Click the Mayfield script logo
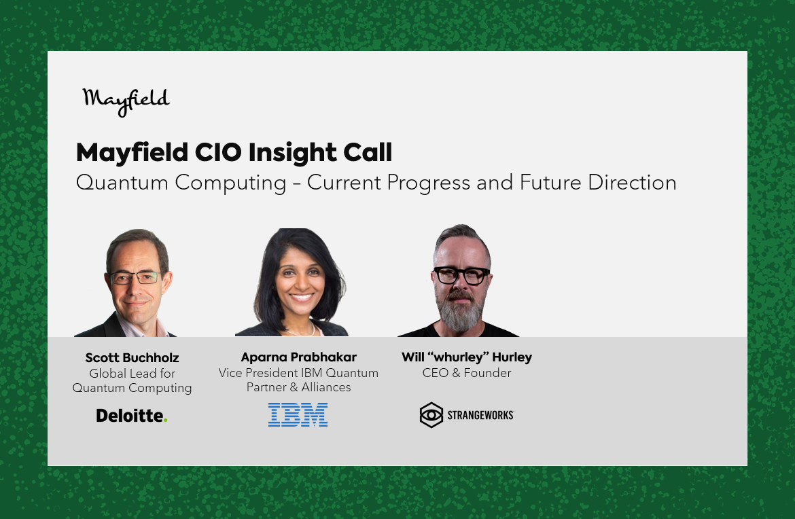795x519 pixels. pyautogui.click(x=126, y=102)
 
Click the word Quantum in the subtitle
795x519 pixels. pyautogui.click(x=122, y=183)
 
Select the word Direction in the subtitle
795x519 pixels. pyautogui.click(x=632, y=183)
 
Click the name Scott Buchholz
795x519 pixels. pyautogui.click(x=132, y=358)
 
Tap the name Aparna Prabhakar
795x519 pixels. pyautogui.click(x=298, y=357)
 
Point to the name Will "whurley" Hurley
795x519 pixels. pyautogui.click(x=467, y=357)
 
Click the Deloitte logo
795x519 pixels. pyautogui.click(x=132, y=416)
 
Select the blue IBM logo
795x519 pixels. pyautogui.click(x=298, y=414)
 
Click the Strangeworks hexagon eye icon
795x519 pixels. pyautogui.click(x=431, y=415)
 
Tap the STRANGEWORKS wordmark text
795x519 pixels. pyautogui.click(x=480, y=416)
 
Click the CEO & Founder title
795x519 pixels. pyautogui.click(x=467, y=373)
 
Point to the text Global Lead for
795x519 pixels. pyautogui.click(x=132, y=374)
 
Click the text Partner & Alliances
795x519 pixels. pyautogui.click(x=298, y=387)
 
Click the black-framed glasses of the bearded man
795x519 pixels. pyautogui.click(x=461, y=276)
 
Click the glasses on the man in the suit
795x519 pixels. pyautogui.click(x=137, y=277)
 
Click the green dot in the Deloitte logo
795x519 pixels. pyautogui.click(x=166, y=420)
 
